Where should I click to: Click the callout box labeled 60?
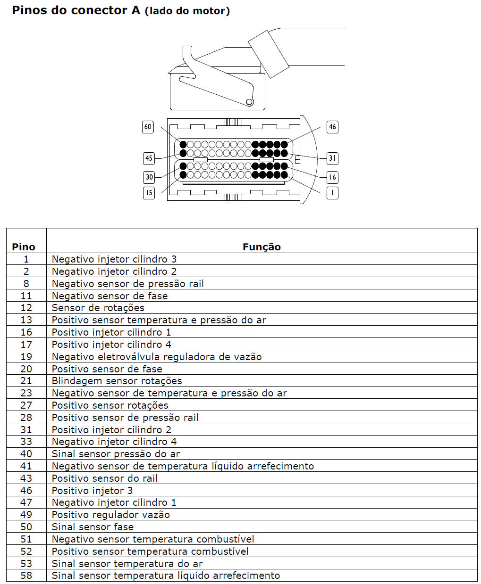tap(148, 127)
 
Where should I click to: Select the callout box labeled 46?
tap(332, 127)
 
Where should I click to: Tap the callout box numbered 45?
tap(149, 158)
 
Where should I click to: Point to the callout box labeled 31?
tap(332, 158)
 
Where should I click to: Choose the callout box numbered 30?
tap(149, 177)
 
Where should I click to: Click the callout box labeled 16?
tap(332, 177)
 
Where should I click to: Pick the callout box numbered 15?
tap(149, 193)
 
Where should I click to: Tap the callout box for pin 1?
tap(332, 193)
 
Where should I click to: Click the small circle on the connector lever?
tap(249, 102)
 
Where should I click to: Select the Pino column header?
tap(24, 247)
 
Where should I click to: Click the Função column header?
tap(262, 247)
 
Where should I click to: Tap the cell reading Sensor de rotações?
tap(98, 308)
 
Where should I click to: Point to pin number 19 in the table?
tap(26, 356)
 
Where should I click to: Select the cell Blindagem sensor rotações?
tap(117, 381)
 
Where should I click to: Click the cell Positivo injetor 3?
tap(92, 490)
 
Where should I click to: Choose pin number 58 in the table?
tap(26, 576)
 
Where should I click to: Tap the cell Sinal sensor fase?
tap(93, 526)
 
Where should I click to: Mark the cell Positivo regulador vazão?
tap(110, 515)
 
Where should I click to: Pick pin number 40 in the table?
tap(26, 453)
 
